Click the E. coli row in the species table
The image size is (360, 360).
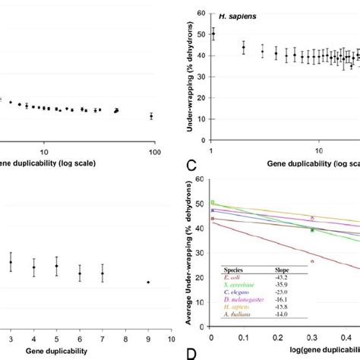click(232, 276)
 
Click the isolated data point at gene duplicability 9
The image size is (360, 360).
click(148, 282)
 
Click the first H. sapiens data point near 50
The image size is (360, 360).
click(213, 34)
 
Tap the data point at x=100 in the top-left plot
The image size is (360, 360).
click(152, 116)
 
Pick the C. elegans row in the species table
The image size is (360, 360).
click(235, 292)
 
